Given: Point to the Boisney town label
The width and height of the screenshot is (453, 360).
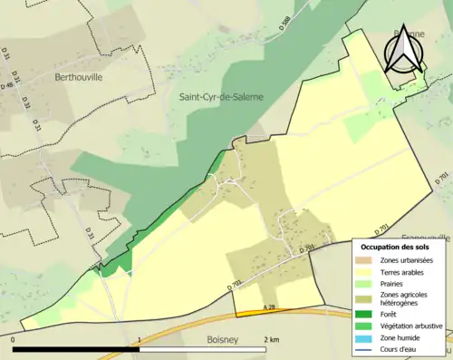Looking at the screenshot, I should tap(211, 343).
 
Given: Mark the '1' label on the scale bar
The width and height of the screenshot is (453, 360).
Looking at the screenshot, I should tap(139, 339).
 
